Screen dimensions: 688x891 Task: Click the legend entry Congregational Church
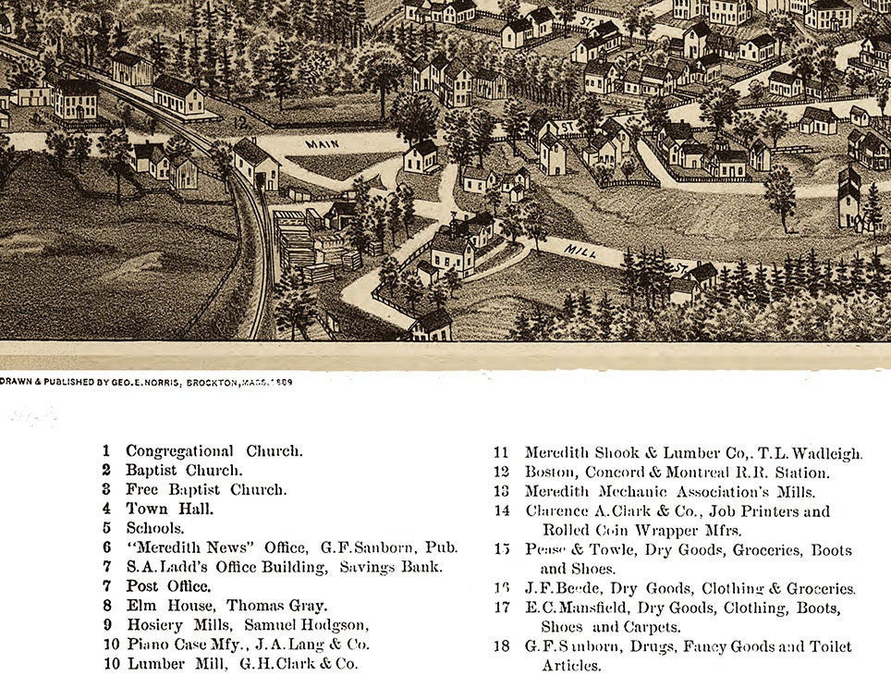[x=214, y=451]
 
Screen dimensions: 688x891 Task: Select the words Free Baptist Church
[x=206, y=490]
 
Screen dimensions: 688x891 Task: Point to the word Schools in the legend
[x=155, y=528]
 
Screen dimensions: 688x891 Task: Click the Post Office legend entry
[x=168, y=586]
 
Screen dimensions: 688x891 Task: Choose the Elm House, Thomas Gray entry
[x=226, y=606]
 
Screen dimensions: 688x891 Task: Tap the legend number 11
[x=501, y=453]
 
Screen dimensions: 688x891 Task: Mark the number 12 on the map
[x=241, y=122]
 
